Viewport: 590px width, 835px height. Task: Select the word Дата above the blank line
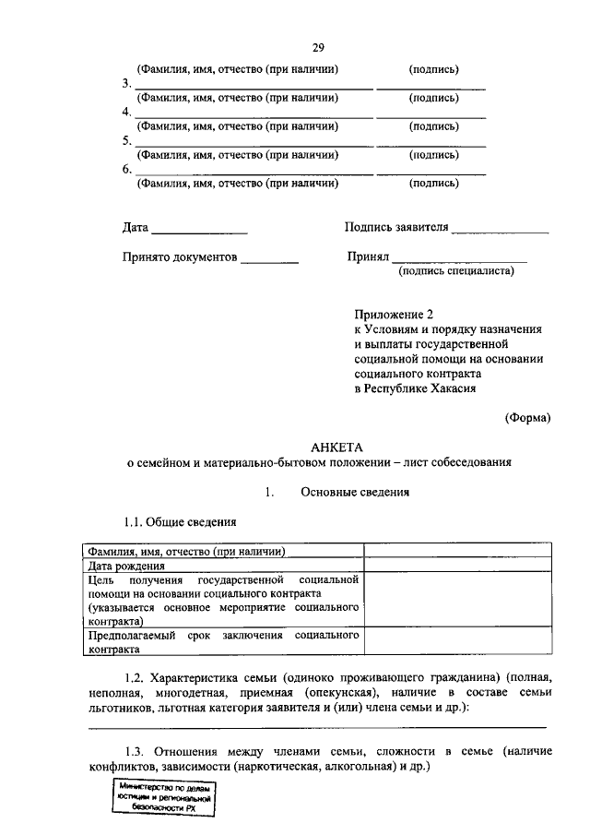135,227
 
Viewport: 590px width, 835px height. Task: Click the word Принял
364,257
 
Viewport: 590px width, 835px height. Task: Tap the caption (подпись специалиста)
455,271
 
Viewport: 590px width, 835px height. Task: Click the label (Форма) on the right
527,417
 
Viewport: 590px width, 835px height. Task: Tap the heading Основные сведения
355,492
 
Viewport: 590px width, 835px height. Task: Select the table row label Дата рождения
126,566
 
